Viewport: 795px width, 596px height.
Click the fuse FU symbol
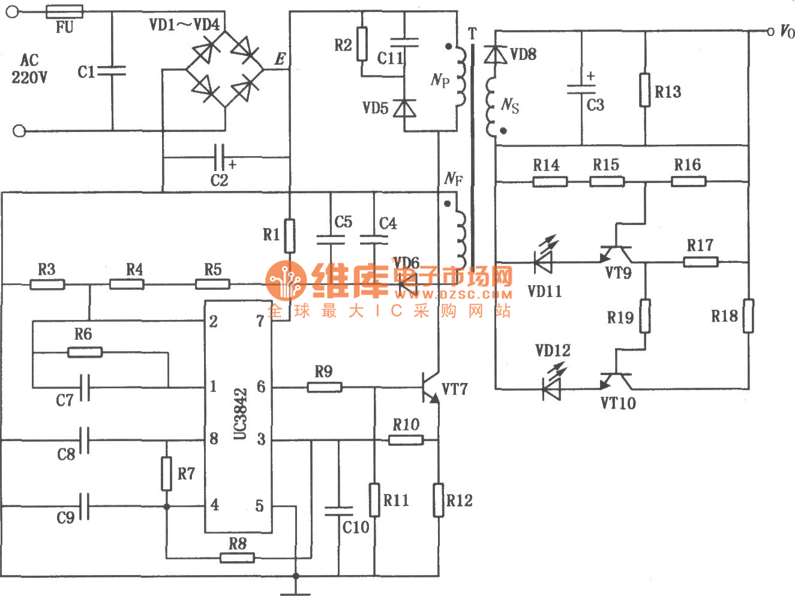(x=64, y=11)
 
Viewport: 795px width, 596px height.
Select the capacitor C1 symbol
(x=112, y=71)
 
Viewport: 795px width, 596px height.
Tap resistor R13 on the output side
(x=645, y=90)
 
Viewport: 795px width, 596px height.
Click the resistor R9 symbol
(x=325, y=387)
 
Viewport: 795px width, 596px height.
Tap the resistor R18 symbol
(x=748, y=316)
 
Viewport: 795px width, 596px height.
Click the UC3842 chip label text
(x=239, y=414)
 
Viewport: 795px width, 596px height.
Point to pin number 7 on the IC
(x=260, y=322)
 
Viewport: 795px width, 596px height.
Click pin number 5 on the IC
(x=259, y=506)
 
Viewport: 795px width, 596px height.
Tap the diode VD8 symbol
(x=496, y=55)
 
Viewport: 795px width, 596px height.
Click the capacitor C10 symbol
(x=338, y=511)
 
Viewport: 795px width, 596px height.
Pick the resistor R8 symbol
(x=238, y=558)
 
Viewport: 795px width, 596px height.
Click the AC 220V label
(x=29, y=68)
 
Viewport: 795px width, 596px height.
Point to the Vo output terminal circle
(x=770, y=31)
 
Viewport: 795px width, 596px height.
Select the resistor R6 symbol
(x=85, y=352)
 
